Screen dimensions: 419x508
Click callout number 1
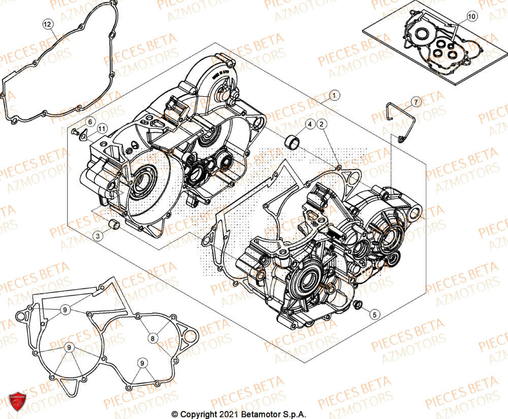point(334,95)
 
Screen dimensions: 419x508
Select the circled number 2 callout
point(323,124)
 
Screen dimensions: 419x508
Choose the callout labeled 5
point(373,314)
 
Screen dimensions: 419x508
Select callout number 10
point(472,17)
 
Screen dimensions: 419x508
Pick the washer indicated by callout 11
point(84,136)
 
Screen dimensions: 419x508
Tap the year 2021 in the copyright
point(224,414)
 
